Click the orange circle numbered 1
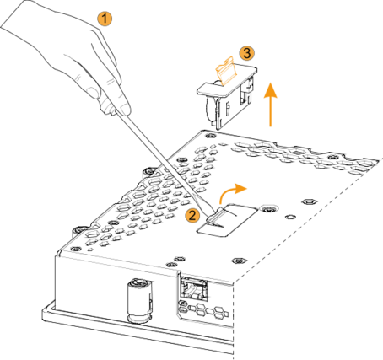click(105, 18)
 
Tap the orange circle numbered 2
click(192, 215)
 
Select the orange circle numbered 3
click(246, 53)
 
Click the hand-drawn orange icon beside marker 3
click(226, 72)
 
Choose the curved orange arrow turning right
click(232, 192)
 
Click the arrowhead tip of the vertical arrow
click(270, 83)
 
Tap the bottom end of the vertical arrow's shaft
click(270, 126)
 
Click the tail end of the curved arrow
click(221, 203)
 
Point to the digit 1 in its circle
click(105, 18)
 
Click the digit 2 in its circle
click(192, 215)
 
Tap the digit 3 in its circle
click(246, 53)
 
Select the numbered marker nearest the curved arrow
click(192, 215)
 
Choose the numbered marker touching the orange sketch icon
click(246, 53)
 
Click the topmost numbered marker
click(105, 18)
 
